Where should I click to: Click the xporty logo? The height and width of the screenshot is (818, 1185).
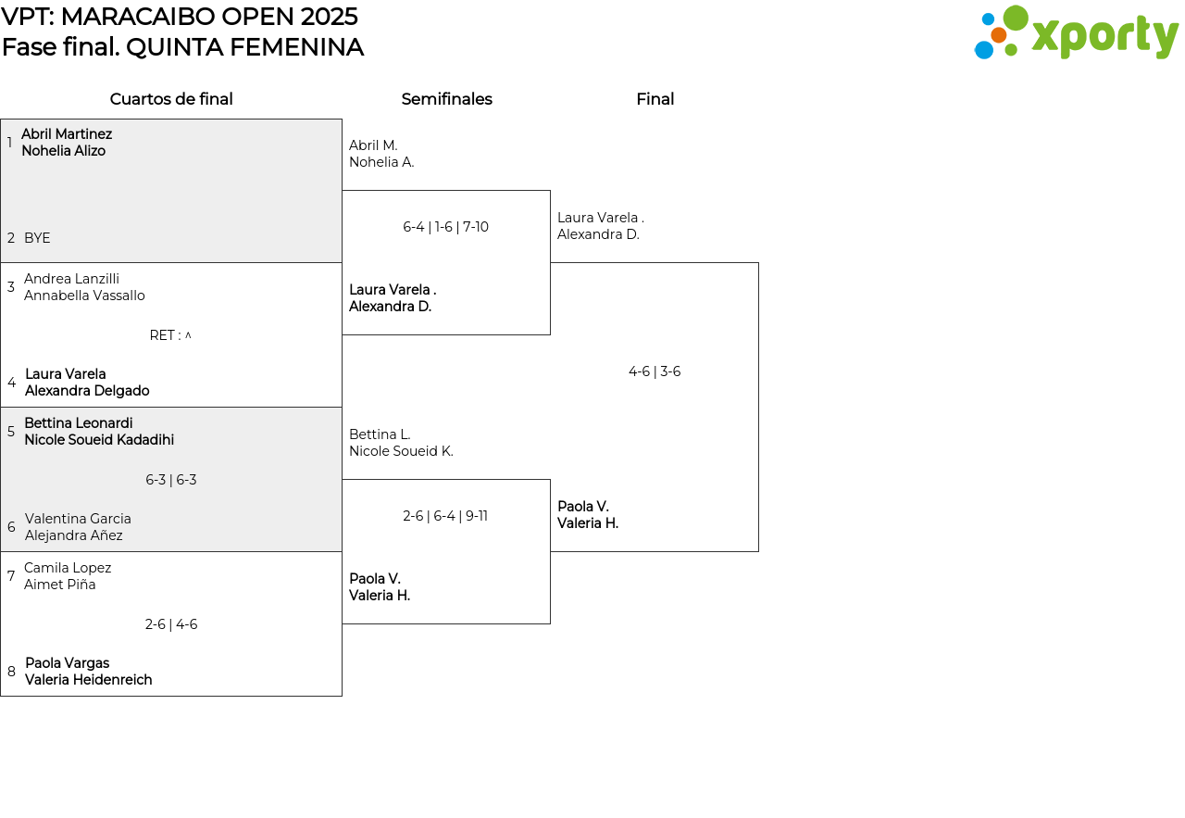point(1076,32)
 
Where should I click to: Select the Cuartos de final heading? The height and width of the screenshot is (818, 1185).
point(171,99)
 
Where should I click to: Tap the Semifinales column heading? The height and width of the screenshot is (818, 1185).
point(446,99)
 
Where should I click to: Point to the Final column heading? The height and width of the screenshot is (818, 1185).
point(655,99)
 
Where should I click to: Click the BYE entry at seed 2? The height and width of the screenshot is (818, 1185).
point(37,238)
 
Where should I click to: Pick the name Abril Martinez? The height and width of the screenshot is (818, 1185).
point(67,134)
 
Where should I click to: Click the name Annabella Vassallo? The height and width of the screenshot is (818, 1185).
point(84,296)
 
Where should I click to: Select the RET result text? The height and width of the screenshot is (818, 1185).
point(170,335)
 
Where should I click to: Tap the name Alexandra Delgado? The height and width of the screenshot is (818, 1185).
point(87,391)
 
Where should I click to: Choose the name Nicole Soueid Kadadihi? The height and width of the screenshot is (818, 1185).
point(99,440)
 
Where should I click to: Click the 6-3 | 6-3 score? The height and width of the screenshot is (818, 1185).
point(171,480)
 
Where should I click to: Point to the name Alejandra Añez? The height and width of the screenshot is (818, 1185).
point(73,535)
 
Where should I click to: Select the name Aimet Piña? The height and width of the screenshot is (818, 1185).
point(60,585)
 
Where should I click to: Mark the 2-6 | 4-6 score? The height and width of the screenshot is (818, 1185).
point(171,624)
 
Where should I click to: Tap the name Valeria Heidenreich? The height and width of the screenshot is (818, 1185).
point(88,680)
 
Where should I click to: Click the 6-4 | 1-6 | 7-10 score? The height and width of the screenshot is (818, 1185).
point(445,227)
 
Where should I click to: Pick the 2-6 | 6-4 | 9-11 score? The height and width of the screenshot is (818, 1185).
point(445,516)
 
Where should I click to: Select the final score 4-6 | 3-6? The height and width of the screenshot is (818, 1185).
point(655,371)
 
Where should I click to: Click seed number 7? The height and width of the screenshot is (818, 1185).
point(11,575)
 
